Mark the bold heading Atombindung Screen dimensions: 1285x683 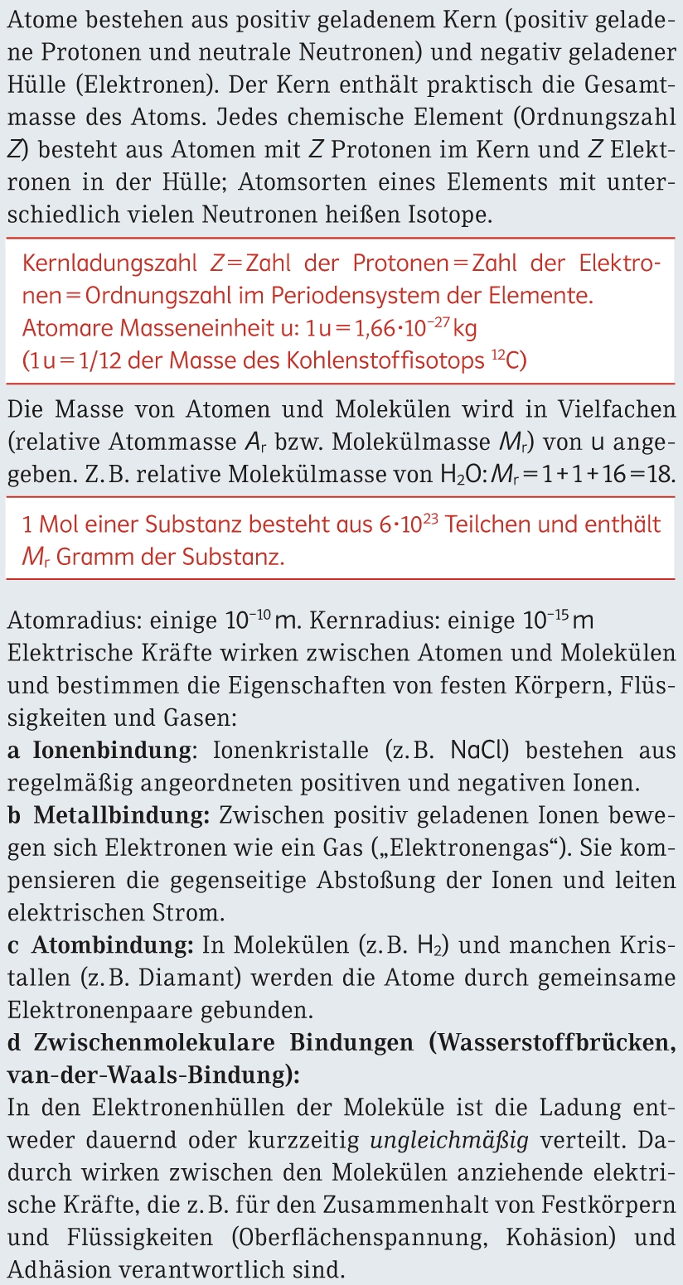coord(113,945)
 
